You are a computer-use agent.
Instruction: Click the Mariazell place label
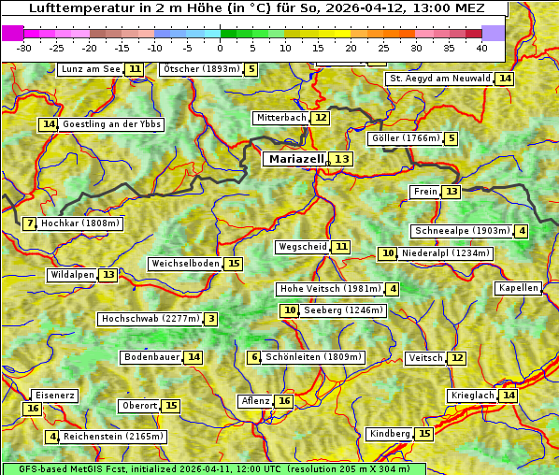point(294,159)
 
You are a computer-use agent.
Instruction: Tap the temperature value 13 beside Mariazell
point(341,160)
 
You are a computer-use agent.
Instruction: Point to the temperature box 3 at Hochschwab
point(211,319)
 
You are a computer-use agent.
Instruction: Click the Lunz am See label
point(90,69)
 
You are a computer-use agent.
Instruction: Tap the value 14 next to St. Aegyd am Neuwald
point(505,79)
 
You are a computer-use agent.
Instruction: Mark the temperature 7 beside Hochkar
point(30,223)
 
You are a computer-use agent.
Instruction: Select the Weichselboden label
point(185,264)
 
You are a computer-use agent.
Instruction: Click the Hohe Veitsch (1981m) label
point(330,289)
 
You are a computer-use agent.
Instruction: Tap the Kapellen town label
point(519,288)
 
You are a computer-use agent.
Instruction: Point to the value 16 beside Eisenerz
point(33,409)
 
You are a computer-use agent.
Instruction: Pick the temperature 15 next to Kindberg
point(424,434)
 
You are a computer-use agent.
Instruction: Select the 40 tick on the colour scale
point(481,48)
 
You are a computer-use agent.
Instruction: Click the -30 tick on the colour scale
point(24,48)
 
